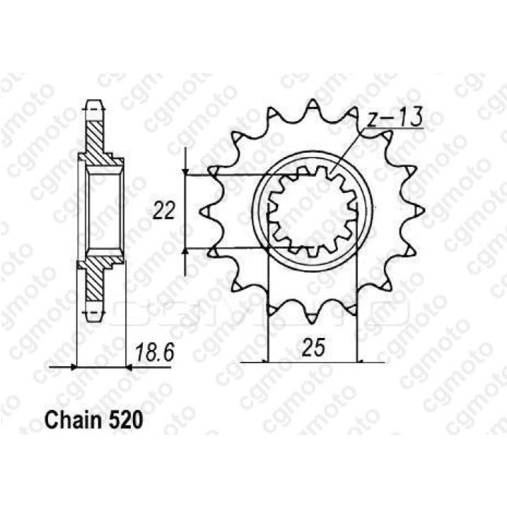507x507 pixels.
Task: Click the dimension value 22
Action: coord(164,211)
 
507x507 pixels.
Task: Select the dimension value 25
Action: coord(313,348)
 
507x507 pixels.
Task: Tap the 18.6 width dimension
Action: coord(155,352)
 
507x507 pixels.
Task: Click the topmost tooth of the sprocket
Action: coord(313,104)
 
